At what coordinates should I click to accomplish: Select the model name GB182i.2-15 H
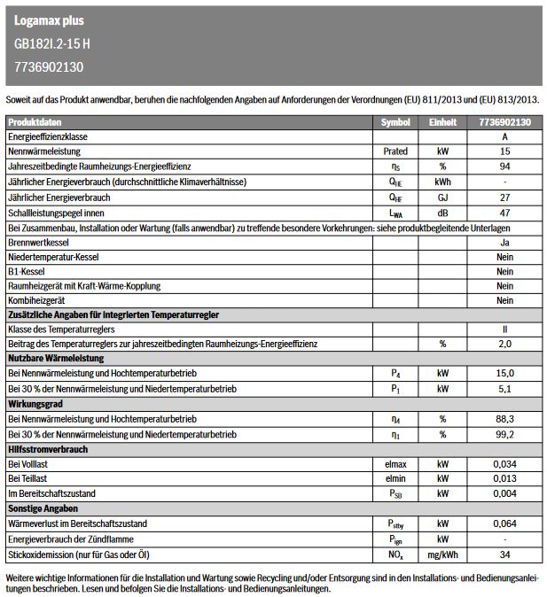click(x=51, y=43)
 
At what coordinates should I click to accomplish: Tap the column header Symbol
click(x=395, y=122)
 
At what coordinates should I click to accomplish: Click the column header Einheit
click(x=442, y=122)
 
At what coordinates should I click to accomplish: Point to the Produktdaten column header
click(x=35, y=122)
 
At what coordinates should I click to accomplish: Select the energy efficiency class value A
click(x=504, y=137)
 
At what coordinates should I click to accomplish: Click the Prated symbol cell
click(x=395, y=152)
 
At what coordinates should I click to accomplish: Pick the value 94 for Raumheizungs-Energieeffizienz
click(x=504, y=167)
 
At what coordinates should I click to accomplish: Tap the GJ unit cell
click(x=442, y=197)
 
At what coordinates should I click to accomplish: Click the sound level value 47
click(x=504, y=213)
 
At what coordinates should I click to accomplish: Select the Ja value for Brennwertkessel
click(x=504, y=242)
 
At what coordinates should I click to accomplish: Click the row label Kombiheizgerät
click(x=37, y=301)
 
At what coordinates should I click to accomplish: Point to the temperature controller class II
click(x=504, y=330)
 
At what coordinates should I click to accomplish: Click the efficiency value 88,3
click(x=504, y=419)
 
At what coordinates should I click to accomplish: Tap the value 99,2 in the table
click(x=504, y=434)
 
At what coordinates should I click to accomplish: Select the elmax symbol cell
click(x=395, y=464)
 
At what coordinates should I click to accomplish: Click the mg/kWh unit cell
click(x=442, y=554)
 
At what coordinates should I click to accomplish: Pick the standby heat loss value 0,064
click(x=504, y=523)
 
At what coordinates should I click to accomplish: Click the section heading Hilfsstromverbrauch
click(x=48, y=449)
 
